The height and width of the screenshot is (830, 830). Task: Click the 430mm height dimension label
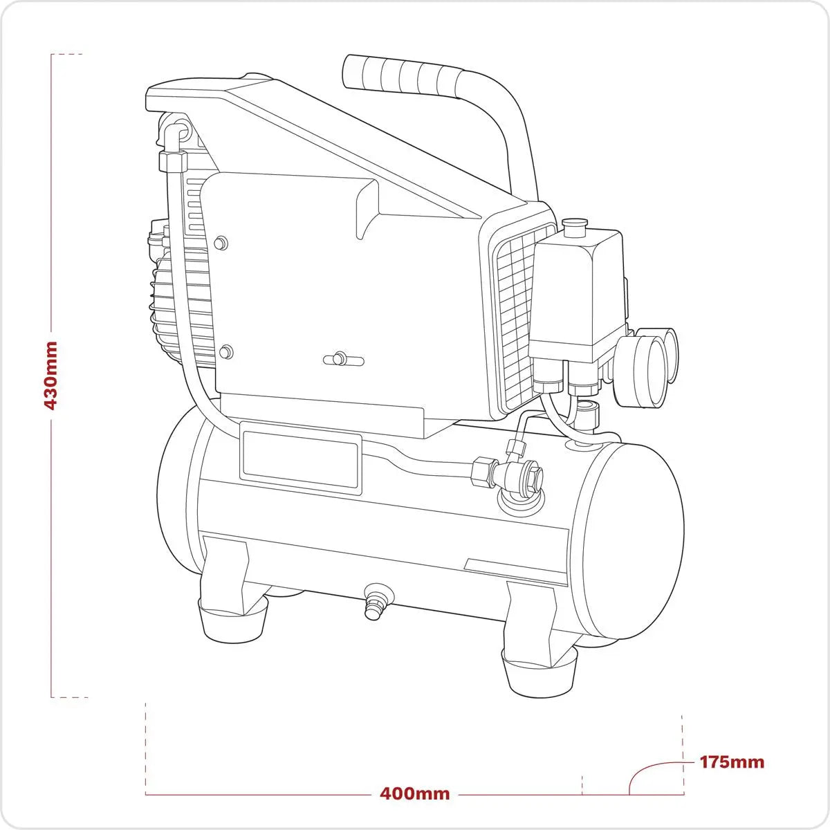(x=50, y=375)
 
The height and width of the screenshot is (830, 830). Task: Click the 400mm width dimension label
(x=414, y=793)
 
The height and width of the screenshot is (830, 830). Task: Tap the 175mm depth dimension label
(x=732, y=762)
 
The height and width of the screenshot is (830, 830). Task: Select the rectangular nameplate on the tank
(x=301, y=461)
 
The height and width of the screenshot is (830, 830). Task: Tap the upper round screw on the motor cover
(x=221, y=243)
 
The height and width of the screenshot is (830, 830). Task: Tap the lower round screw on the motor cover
(x=225, y=352)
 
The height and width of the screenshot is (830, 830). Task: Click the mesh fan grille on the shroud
(x=513, y=318)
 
